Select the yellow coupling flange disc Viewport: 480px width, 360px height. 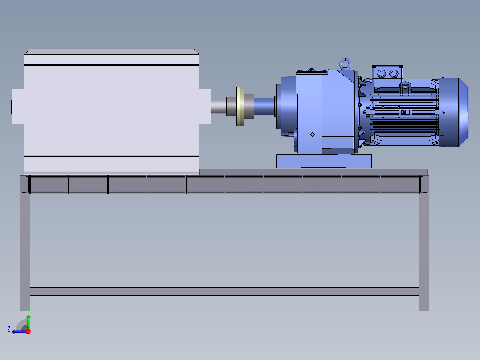tap(240, 106)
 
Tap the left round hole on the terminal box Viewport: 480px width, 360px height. tap(382, 74)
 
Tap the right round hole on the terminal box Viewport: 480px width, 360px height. tap(394, 74)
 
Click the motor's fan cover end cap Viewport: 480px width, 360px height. tap(454, 112)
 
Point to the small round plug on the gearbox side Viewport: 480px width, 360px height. tap(313, 135)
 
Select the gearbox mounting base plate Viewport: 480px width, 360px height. tap(324, 161)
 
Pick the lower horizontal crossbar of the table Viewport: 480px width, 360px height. tap(224, 291)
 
